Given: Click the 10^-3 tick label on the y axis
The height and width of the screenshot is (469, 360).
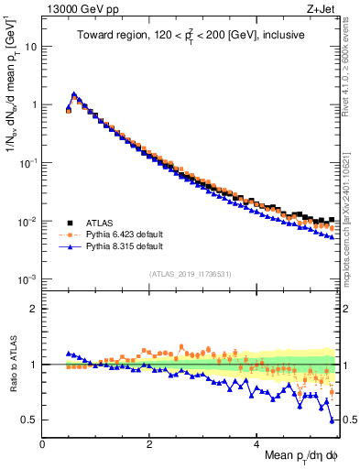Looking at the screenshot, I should click(28, 279).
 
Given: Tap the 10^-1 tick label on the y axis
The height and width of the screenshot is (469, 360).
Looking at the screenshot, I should click(28, 163).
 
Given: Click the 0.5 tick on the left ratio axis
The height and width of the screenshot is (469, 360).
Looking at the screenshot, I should click(28, 420).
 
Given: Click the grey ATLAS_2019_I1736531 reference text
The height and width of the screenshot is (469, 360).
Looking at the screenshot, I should click(189, 274).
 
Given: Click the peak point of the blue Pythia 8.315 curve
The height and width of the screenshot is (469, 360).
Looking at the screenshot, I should click(74, 94).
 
